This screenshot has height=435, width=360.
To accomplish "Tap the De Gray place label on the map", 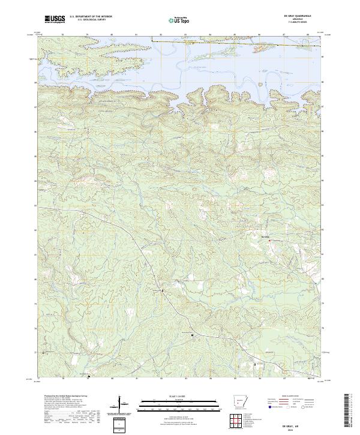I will point(262,237).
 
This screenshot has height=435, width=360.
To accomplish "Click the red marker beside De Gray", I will point(269,241).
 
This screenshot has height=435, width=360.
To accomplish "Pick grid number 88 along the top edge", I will point(308,35).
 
